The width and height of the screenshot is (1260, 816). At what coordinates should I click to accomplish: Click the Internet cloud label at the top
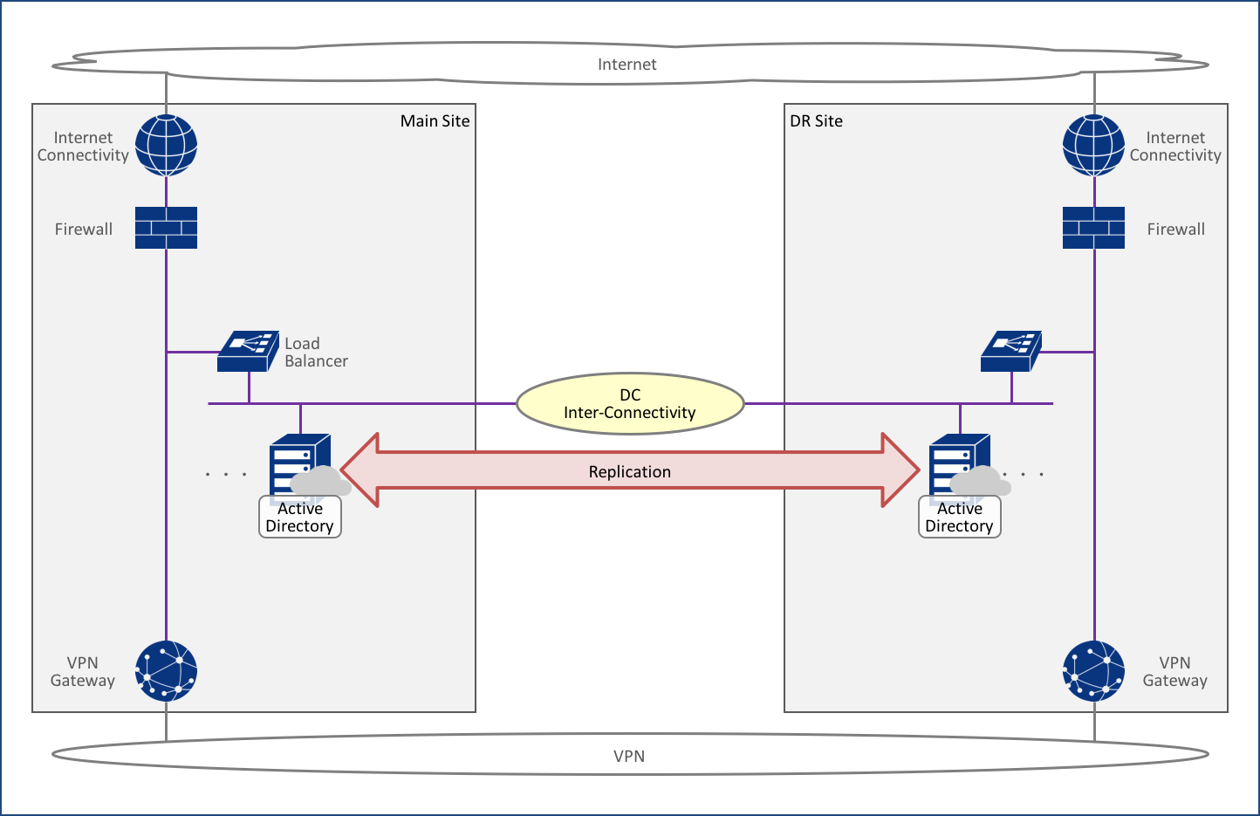[x=627, y=65]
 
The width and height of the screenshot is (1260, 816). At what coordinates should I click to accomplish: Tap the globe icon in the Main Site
[x=166, y=146]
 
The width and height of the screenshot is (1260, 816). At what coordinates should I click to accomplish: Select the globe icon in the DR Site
[x=1093, y=146]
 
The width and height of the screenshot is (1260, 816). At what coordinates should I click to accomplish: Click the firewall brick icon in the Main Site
[x=166, y=228]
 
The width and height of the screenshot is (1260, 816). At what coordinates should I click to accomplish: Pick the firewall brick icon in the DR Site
[x=1093, y=228]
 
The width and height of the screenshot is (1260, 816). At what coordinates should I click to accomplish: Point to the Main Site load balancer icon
[x=248, y=351]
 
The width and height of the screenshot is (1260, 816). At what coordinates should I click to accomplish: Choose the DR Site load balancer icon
[x=1011, y=351]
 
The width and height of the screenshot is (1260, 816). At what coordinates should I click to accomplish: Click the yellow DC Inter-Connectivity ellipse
[x=630, y=404]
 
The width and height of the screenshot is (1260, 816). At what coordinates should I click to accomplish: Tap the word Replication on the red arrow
[x=630, y=472]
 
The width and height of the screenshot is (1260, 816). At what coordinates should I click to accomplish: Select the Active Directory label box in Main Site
[x=300, y=518]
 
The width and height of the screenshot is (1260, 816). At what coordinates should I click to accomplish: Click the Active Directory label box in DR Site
[x=960, y=518]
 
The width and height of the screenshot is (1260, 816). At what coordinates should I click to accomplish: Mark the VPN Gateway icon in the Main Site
[x=166, y=671]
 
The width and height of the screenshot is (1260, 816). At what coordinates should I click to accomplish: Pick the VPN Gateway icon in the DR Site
[x=1093, y=671]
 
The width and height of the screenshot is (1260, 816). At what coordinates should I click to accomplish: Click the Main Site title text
[x=435, y=121]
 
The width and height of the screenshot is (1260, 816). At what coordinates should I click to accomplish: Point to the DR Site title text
[x=816, y=121]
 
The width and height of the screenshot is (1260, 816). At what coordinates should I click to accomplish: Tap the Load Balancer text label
[x=316, y=353]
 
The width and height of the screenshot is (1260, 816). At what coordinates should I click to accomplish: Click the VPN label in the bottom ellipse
[x=629, y=757]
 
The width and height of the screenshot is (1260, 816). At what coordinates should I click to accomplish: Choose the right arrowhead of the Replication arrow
[x=900, y=470]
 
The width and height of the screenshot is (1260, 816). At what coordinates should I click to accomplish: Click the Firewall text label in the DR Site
[x=1175, y=230]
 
